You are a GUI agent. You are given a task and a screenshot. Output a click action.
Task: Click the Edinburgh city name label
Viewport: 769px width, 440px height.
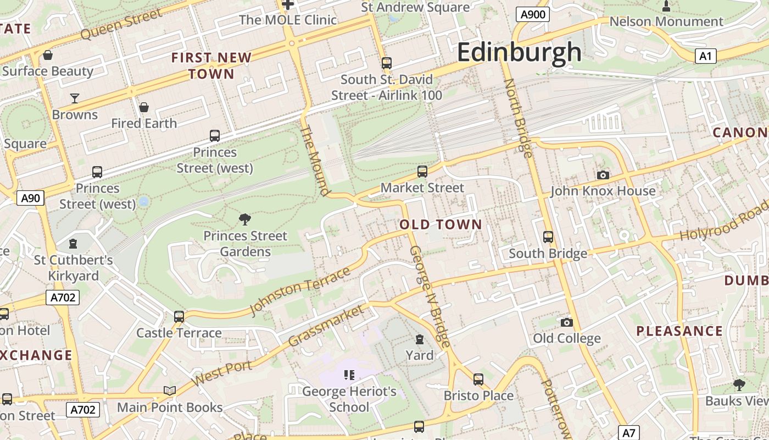(x=519, y=53)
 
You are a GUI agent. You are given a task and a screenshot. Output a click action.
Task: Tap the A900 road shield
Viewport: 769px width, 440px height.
(x=533, y=14)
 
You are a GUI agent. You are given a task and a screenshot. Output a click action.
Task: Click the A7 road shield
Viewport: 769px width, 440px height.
(x=629, y=432)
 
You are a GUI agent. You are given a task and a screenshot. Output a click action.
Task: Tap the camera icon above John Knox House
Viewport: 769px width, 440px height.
(x=603, y=175)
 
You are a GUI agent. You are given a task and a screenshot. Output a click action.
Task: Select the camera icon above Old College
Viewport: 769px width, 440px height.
(x=567, y=322)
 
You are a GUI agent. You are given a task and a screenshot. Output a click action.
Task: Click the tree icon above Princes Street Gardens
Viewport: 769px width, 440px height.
(x=245, y=219)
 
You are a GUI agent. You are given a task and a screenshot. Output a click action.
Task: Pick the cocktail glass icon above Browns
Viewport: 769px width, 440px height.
(x=75, y=98)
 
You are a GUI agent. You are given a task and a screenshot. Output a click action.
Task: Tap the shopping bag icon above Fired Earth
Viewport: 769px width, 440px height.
(x=144, y=107)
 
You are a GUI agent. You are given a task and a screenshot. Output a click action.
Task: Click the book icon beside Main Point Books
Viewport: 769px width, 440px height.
(x=170, y=391)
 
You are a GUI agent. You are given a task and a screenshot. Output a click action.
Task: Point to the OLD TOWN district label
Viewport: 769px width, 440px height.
(x=441, y=224)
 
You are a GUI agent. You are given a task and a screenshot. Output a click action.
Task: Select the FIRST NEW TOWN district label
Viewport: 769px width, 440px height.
(x=211, y=65)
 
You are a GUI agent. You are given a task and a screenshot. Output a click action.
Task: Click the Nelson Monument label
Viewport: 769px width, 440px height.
(x=666, y=21)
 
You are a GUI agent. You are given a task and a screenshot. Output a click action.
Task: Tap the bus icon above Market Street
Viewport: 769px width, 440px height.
(x=422, y=171)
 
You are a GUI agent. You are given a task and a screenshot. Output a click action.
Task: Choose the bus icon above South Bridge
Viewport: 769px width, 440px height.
(x=548, y=237)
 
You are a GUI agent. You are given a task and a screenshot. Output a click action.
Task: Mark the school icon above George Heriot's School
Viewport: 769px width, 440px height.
(x=349, y=375)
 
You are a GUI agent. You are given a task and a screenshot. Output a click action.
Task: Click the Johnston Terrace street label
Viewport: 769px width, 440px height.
(x=300, y=291)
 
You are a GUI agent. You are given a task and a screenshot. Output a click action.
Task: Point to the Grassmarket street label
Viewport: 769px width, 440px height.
(x=326, y=326)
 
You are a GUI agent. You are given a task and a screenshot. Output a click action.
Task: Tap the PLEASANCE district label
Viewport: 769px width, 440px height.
(x=679, y=331)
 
